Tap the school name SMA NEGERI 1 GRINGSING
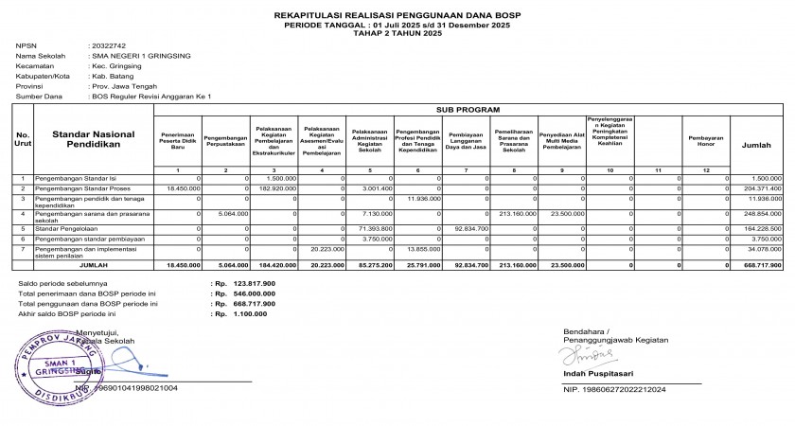coord(141,56)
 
